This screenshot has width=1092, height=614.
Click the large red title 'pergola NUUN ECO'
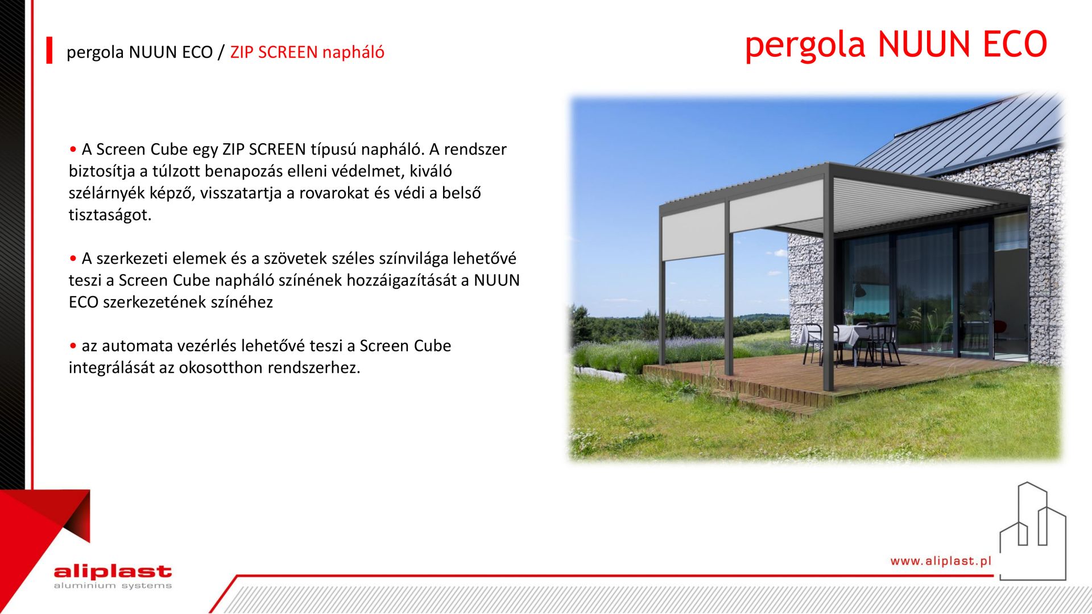point(896,45)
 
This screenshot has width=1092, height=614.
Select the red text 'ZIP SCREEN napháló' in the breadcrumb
point(307,52)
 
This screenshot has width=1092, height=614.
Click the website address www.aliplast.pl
point(941,561)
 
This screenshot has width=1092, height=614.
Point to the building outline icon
point(1033,531)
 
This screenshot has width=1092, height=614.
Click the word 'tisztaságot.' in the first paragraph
point(110,215)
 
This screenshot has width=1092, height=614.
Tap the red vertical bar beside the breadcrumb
point(49,50)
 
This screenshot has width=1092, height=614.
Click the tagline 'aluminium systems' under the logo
point(113,586)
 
